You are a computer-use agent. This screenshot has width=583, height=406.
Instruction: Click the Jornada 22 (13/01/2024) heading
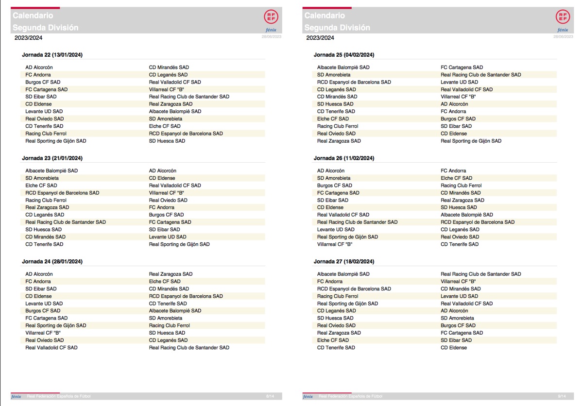(x=52, y=55)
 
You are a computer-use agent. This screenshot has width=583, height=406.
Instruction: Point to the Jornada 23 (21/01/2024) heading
(x=52, y=158)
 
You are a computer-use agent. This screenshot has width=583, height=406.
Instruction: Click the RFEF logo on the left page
(x=271, y=17)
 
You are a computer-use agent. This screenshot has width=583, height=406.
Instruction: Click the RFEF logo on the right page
(x=562, y=17)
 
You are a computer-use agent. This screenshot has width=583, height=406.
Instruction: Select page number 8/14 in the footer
(x=270, y=397)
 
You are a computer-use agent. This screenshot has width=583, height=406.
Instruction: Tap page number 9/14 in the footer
(x=562, y=397)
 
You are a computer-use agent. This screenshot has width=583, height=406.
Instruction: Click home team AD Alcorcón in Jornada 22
(x=39, y=68)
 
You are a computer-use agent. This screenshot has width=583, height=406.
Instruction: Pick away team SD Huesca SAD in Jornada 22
(x=167, y=141)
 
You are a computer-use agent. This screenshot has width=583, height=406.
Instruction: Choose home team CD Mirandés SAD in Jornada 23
(x=45, y=237)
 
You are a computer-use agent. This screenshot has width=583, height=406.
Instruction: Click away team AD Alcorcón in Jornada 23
(x=162, y=171)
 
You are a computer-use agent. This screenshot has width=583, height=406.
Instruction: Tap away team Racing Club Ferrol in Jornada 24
(x=169, y=326)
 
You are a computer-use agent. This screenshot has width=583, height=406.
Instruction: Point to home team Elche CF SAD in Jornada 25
(x=333, y=119)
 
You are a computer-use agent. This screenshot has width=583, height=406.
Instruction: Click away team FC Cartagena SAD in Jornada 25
(x=462, y=68)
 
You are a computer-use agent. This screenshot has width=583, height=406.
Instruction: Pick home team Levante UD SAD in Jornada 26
(x=336, y=230)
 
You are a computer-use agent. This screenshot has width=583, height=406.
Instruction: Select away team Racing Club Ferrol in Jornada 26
(x=461, y=186)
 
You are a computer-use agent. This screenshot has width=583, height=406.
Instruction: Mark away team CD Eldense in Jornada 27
(x=454, y=348)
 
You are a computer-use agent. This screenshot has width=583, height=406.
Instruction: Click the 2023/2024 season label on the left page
(x=28, y=38)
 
